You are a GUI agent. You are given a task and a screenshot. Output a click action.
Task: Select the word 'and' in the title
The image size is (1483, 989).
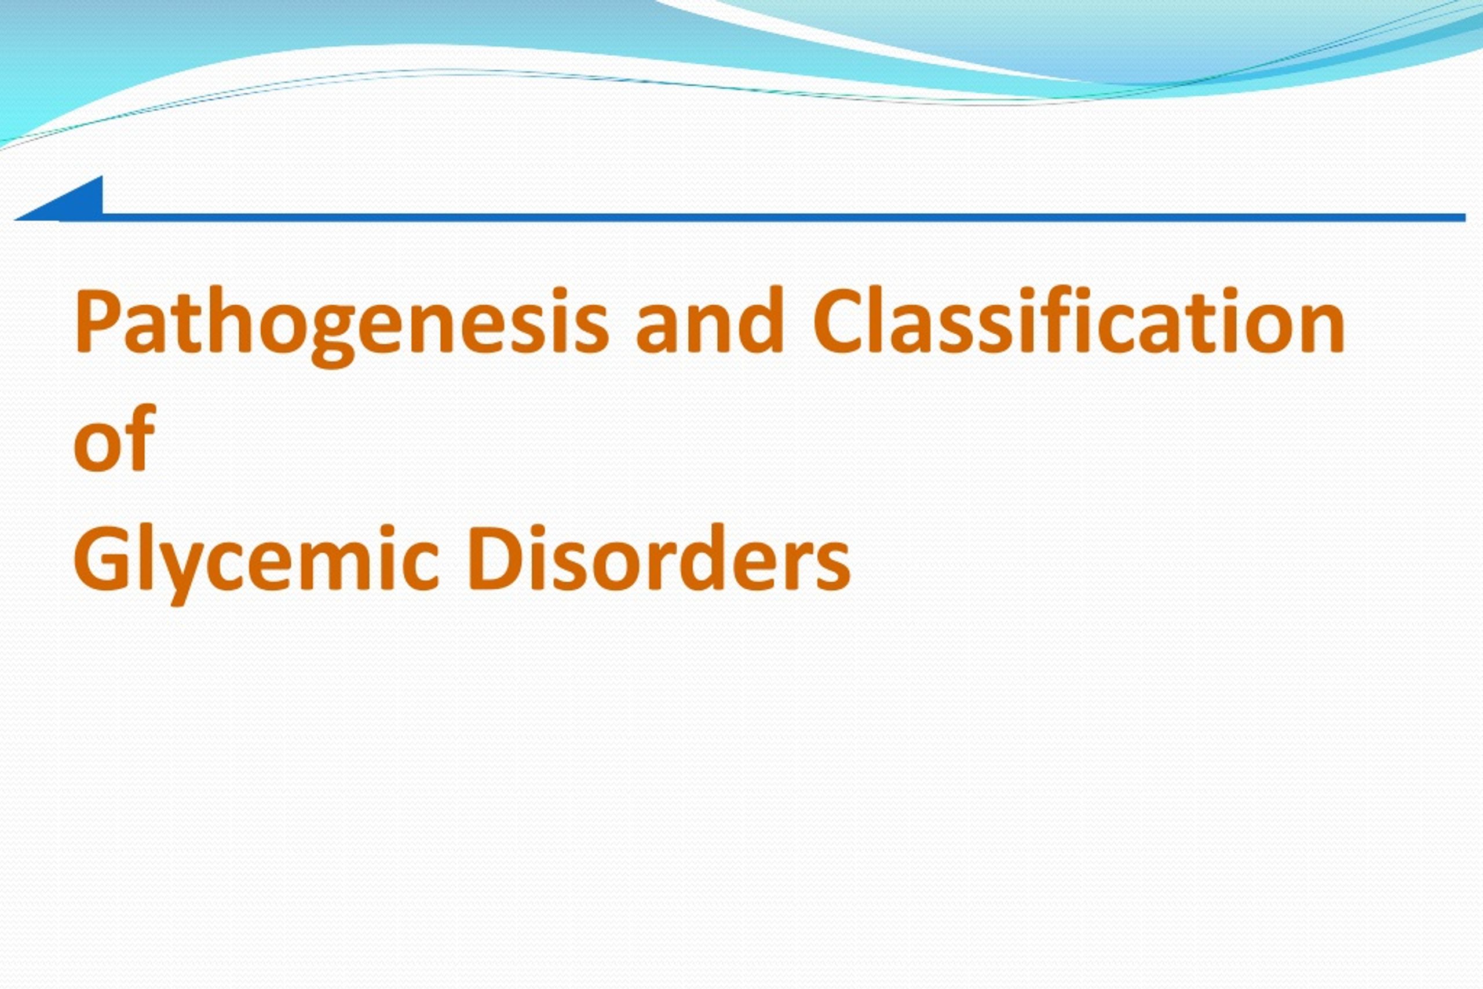[x=709, y=319]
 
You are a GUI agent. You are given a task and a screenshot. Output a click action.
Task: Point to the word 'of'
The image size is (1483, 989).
[x=114, y=438]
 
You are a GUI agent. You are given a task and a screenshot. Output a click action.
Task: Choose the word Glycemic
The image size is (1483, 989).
[x=256, y=564]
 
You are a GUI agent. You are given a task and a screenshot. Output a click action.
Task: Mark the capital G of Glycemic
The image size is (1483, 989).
[x=101, y=557]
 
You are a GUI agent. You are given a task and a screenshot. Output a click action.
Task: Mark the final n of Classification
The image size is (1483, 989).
[x=1324, y=329]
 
